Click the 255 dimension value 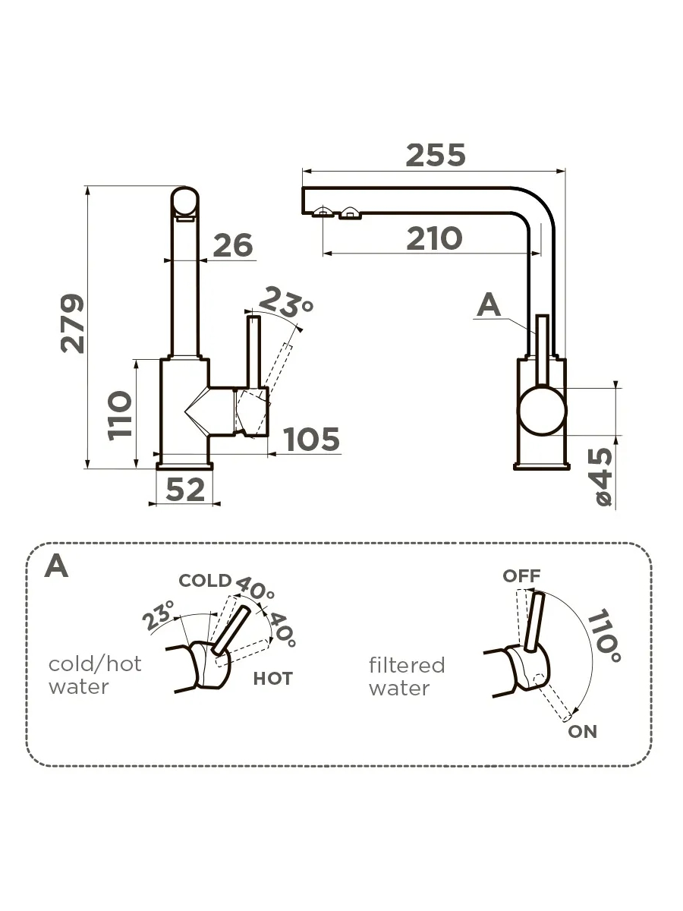pos(435,155)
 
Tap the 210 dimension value pos(433,238)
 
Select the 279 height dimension pos(73,323)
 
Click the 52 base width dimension pos(185,490)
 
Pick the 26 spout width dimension pos(232,245)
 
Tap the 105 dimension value pos(311,439)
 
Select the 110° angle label pos(606,635)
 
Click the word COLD pos(204,581)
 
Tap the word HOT pos(272,679)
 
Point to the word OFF pos(521,576)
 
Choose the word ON pos(582,732)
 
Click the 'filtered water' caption pos(407,676)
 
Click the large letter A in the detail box pos(56,566)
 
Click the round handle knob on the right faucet pos(542,411)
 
